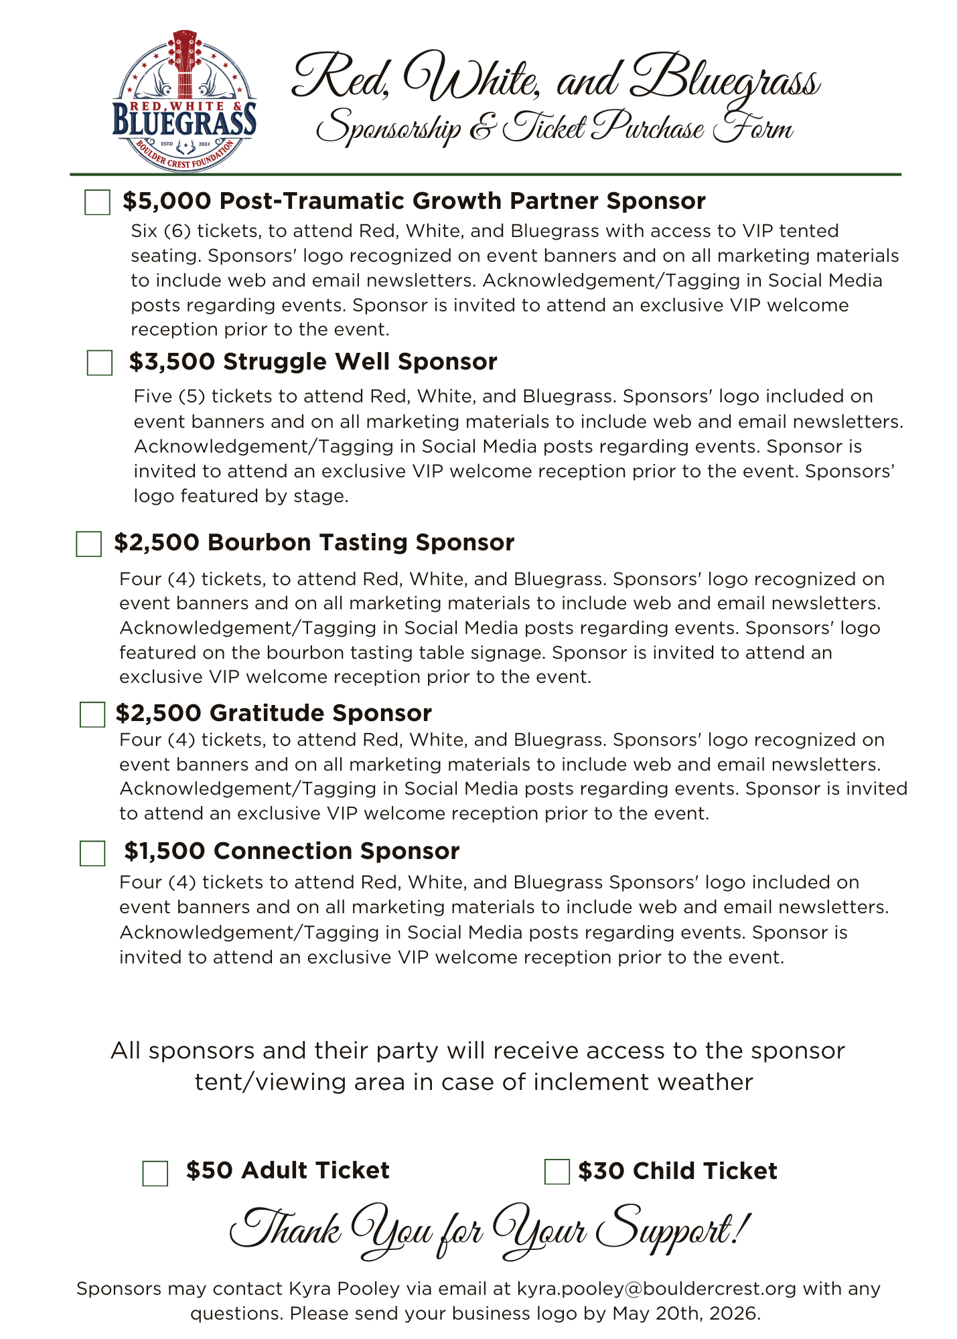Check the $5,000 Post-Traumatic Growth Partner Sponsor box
97,202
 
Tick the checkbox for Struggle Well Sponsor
100,363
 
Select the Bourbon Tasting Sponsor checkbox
89,544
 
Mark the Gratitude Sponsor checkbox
92,714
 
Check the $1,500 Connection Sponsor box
92,854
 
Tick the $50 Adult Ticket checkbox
155,1174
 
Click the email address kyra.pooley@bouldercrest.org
656,1289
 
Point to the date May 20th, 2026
686,1314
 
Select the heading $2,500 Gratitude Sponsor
273,713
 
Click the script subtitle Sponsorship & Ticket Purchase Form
555,127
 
